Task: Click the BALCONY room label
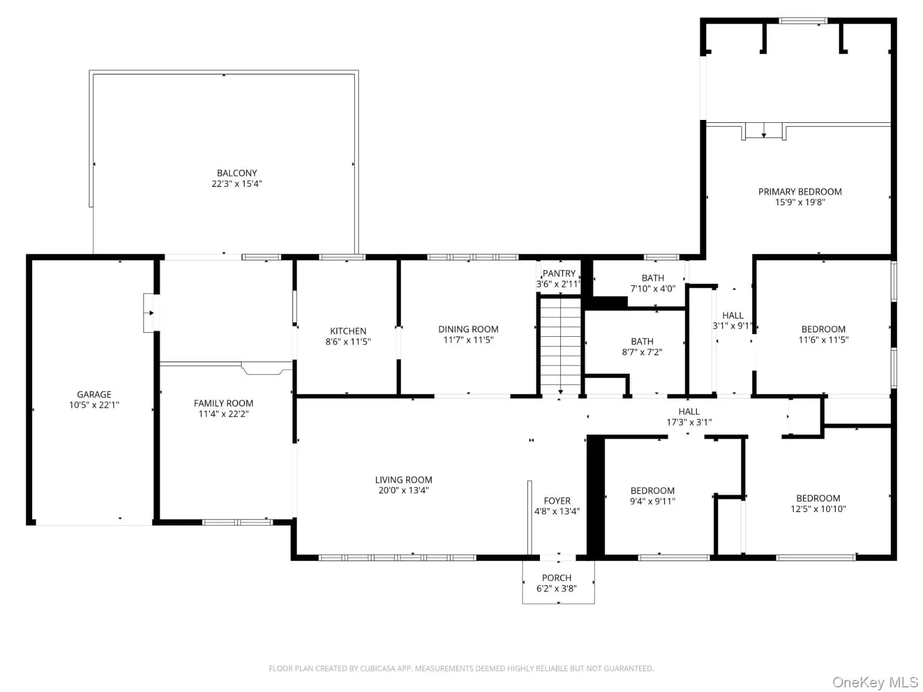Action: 237,173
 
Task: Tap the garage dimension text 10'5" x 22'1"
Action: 94,405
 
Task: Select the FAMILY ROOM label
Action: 223,403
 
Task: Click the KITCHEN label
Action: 348,331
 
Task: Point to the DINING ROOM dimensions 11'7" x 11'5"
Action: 468,340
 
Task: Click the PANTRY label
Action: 558,273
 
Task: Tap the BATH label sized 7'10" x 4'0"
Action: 652,278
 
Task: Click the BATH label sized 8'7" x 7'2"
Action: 641,341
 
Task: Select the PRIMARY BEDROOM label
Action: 800,191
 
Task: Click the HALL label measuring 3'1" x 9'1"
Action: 733,315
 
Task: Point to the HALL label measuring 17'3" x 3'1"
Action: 689,412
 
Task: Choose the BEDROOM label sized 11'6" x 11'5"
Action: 823,329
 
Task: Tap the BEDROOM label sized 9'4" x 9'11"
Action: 652,491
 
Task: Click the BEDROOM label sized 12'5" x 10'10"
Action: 818,498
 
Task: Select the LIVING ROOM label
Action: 403,480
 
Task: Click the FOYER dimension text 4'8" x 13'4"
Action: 557,512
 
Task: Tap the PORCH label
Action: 557,578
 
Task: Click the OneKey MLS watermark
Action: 875,683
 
